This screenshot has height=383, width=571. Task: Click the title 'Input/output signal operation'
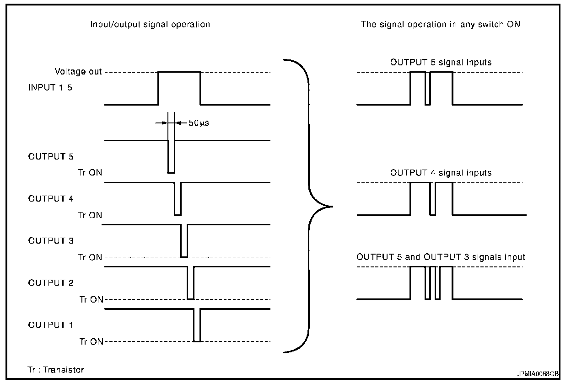point(150,24)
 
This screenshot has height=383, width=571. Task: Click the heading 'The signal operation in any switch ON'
point(441,24)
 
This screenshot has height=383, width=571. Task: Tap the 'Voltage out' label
point(78,72)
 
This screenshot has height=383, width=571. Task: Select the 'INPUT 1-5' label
point(50,88)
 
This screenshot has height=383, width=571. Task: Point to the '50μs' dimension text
point(199,123)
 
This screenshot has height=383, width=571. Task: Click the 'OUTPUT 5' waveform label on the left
point(51,156)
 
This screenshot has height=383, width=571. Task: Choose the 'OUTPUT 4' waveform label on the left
point(51,199)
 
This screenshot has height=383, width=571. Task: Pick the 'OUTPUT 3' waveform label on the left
point(51,241)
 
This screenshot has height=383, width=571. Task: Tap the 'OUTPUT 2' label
point(51,282)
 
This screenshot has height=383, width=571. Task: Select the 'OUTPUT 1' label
point(50,325)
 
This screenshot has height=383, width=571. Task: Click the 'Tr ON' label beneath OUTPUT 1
point(91,341)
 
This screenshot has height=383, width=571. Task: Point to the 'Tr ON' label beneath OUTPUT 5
point(90,173)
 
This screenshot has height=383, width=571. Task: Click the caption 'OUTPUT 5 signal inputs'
point(441,63)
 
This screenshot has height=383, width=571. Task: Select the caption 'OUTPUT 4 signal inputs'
point(441,173)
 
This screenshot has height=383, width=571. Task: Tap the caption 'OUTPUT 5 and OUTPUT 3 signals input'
point(441,257)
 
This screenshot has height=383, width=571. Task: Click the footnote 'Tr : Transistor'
point(55,370)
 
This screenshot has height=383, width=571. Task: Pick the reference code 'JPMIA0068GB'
point(537,374)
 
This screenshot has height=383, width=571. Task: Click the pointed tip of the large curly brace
point(332,207)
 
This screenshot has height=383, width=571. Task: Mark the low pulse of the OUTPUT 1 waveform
point(197,325)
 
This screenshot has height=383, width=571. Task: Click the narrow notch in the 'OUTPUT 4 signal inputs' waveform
point(432,199)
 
